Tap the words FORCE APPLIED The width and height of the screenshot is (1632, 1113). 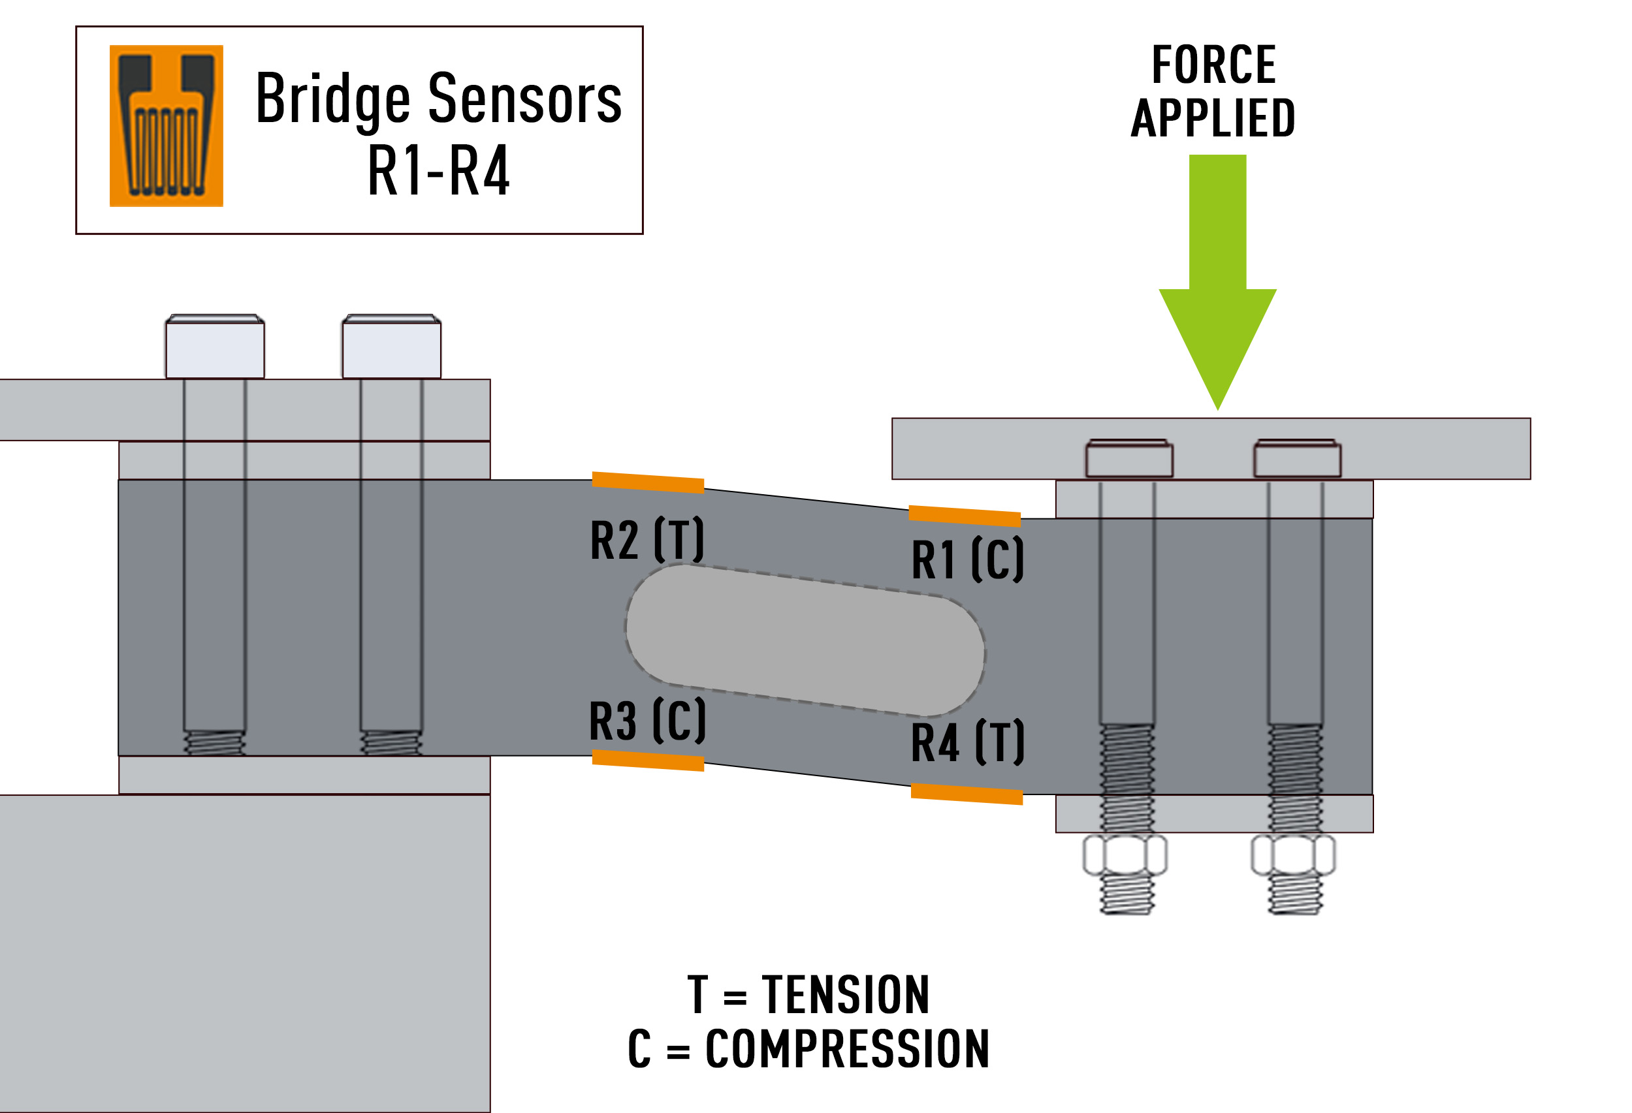pyautogui.click(x=1213, y=91)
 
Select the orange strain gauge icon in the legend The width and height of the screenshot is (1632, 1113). pyautogui.click(x=167, y=127)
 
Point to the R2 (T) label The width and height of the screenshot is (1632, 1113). pyautogui.click(x=647, y=540)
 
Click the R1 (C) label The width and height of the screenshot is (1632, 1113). pyautogui.click(x=967, y=559)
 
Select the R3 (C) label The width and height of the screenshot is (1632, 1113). pyautogui.click(x=647, y=721)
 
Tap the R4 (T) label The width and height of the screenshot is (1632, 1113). pyautogui.click(x=967, y=742)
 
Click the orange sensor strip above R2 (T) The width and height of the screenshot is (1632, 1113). pyautogui.click(x=647, y=483)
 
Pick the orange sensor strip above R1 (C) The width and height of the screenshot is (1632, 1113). pyautogui.click(x=964, y=516)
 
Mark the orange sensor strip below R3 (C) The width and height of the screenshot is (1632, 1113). pyautogui.click(x=647, y=760)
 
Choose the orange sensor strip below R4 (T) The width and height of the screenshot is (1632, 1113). pyautogui.click(x=967, y=794)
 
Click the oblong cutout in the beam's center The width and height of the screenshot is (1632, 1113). pyautogui.click(x=805, y=640)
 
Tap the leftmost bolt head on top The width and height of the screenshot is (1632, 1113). pyautogui.click(x=215, y=347)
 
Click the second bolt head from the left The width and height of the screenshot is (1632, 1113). pyautogui.click(x=391, y=347)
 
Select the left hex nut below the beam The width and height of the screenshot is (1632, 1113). pyautogui.click(x=1125, y=854)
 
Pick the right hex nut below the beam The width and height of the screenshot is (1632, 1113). pyautogui.click(x=1293, y=854)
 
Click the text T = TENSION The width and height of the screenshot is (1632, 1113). pyautogui.click(x=808, y=995)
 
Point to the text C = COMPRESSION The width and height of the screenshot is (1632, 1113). pyautogui.click(x=808, y=1050)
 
